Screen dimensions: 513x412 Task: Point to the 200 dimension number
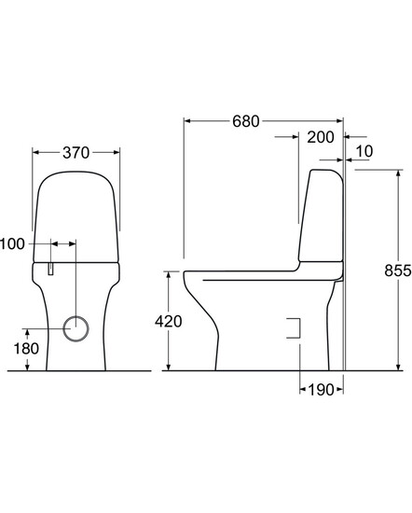pos(320,137)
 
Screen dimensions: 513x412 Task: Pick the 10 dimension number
pos(363,151)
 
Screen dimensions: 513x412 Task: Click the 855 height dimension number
pos(397,270)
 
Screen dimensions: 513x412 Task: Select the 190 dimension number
pos(321,390)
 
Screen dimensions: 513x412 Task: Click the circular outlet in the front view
pos(77,326)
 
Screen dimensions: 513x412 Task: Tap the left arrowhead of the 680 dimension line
pos(187,121)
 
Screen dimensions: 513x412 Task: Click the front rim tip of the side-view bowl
pos(186,274)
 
